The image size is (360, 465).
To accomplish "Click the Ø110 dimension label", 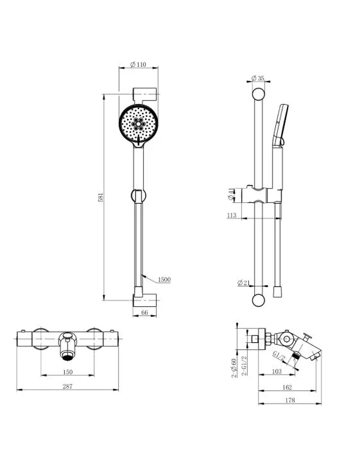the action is click(x=139, y=64).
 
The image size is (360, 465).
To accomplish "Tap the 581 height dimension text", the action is click(x=101, y=198).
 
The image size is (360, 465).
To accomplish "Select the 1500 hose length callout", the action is click(x=164, y=279).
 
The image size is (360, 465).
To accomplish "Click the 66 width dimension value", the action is click(x=144, y=312).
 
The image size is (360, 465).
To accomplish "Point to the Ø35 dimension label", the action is click(x=257, y=78).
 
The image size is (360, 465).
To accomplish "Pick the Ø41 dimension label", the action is click(x=231, y=195).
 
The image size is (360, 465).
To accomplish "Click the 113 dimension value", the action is click(x=232, y=215).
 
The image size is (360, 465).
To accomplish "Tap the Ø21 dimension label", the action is click(x=244, y=283).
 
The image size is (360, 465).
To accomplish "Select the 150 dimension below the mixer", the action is click(x=67, y=372).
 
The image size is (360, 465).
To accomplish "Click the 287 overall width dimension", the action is click(x=67, y=386).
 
